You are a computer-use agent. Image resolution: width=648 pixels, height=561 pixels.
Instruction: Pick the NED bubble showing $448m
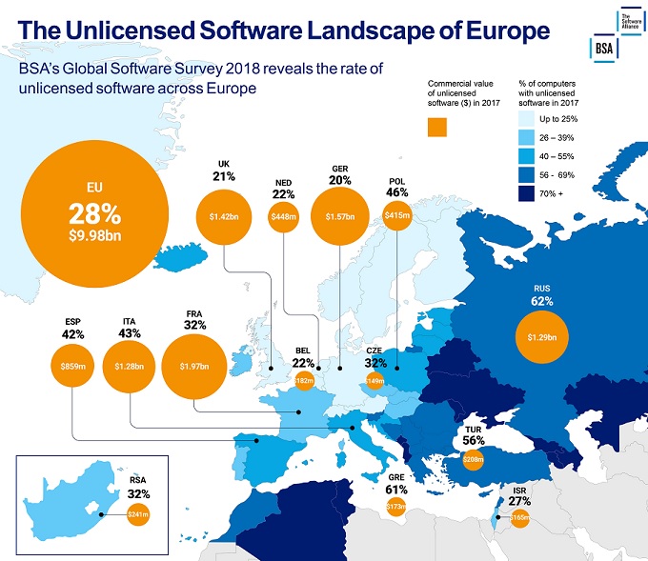click(x=283, y=217)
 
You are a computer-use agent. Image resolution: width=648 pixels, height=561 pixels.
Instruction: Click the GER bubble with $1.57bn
click(x=340, y=217)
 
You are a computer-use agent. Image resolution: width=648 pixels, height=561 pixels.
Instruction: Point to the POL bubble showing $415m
click(x=397, y=217)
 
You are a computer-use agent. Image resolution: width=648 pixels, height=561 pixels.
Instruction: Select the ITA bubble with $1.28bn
click(x=130, y=366)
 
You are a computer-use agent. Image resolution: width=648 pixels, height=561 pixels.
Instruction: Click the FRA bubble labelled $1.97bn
click(x=193, y=366)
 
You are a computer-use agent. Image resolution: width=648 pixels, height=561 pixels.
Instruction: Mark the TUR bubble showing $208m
click(x=474, y=458)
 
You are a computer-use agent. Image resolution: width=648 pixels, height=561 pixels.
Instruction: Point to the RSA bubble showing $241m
click(x=139, y=515)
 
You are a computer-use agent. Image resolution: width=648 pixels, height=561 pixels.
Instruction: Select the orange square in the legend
click(x=438, y=127)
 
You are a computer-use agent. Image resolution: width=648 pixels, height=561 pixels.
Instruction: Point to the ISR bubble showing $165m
click(x=519, y=519)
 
